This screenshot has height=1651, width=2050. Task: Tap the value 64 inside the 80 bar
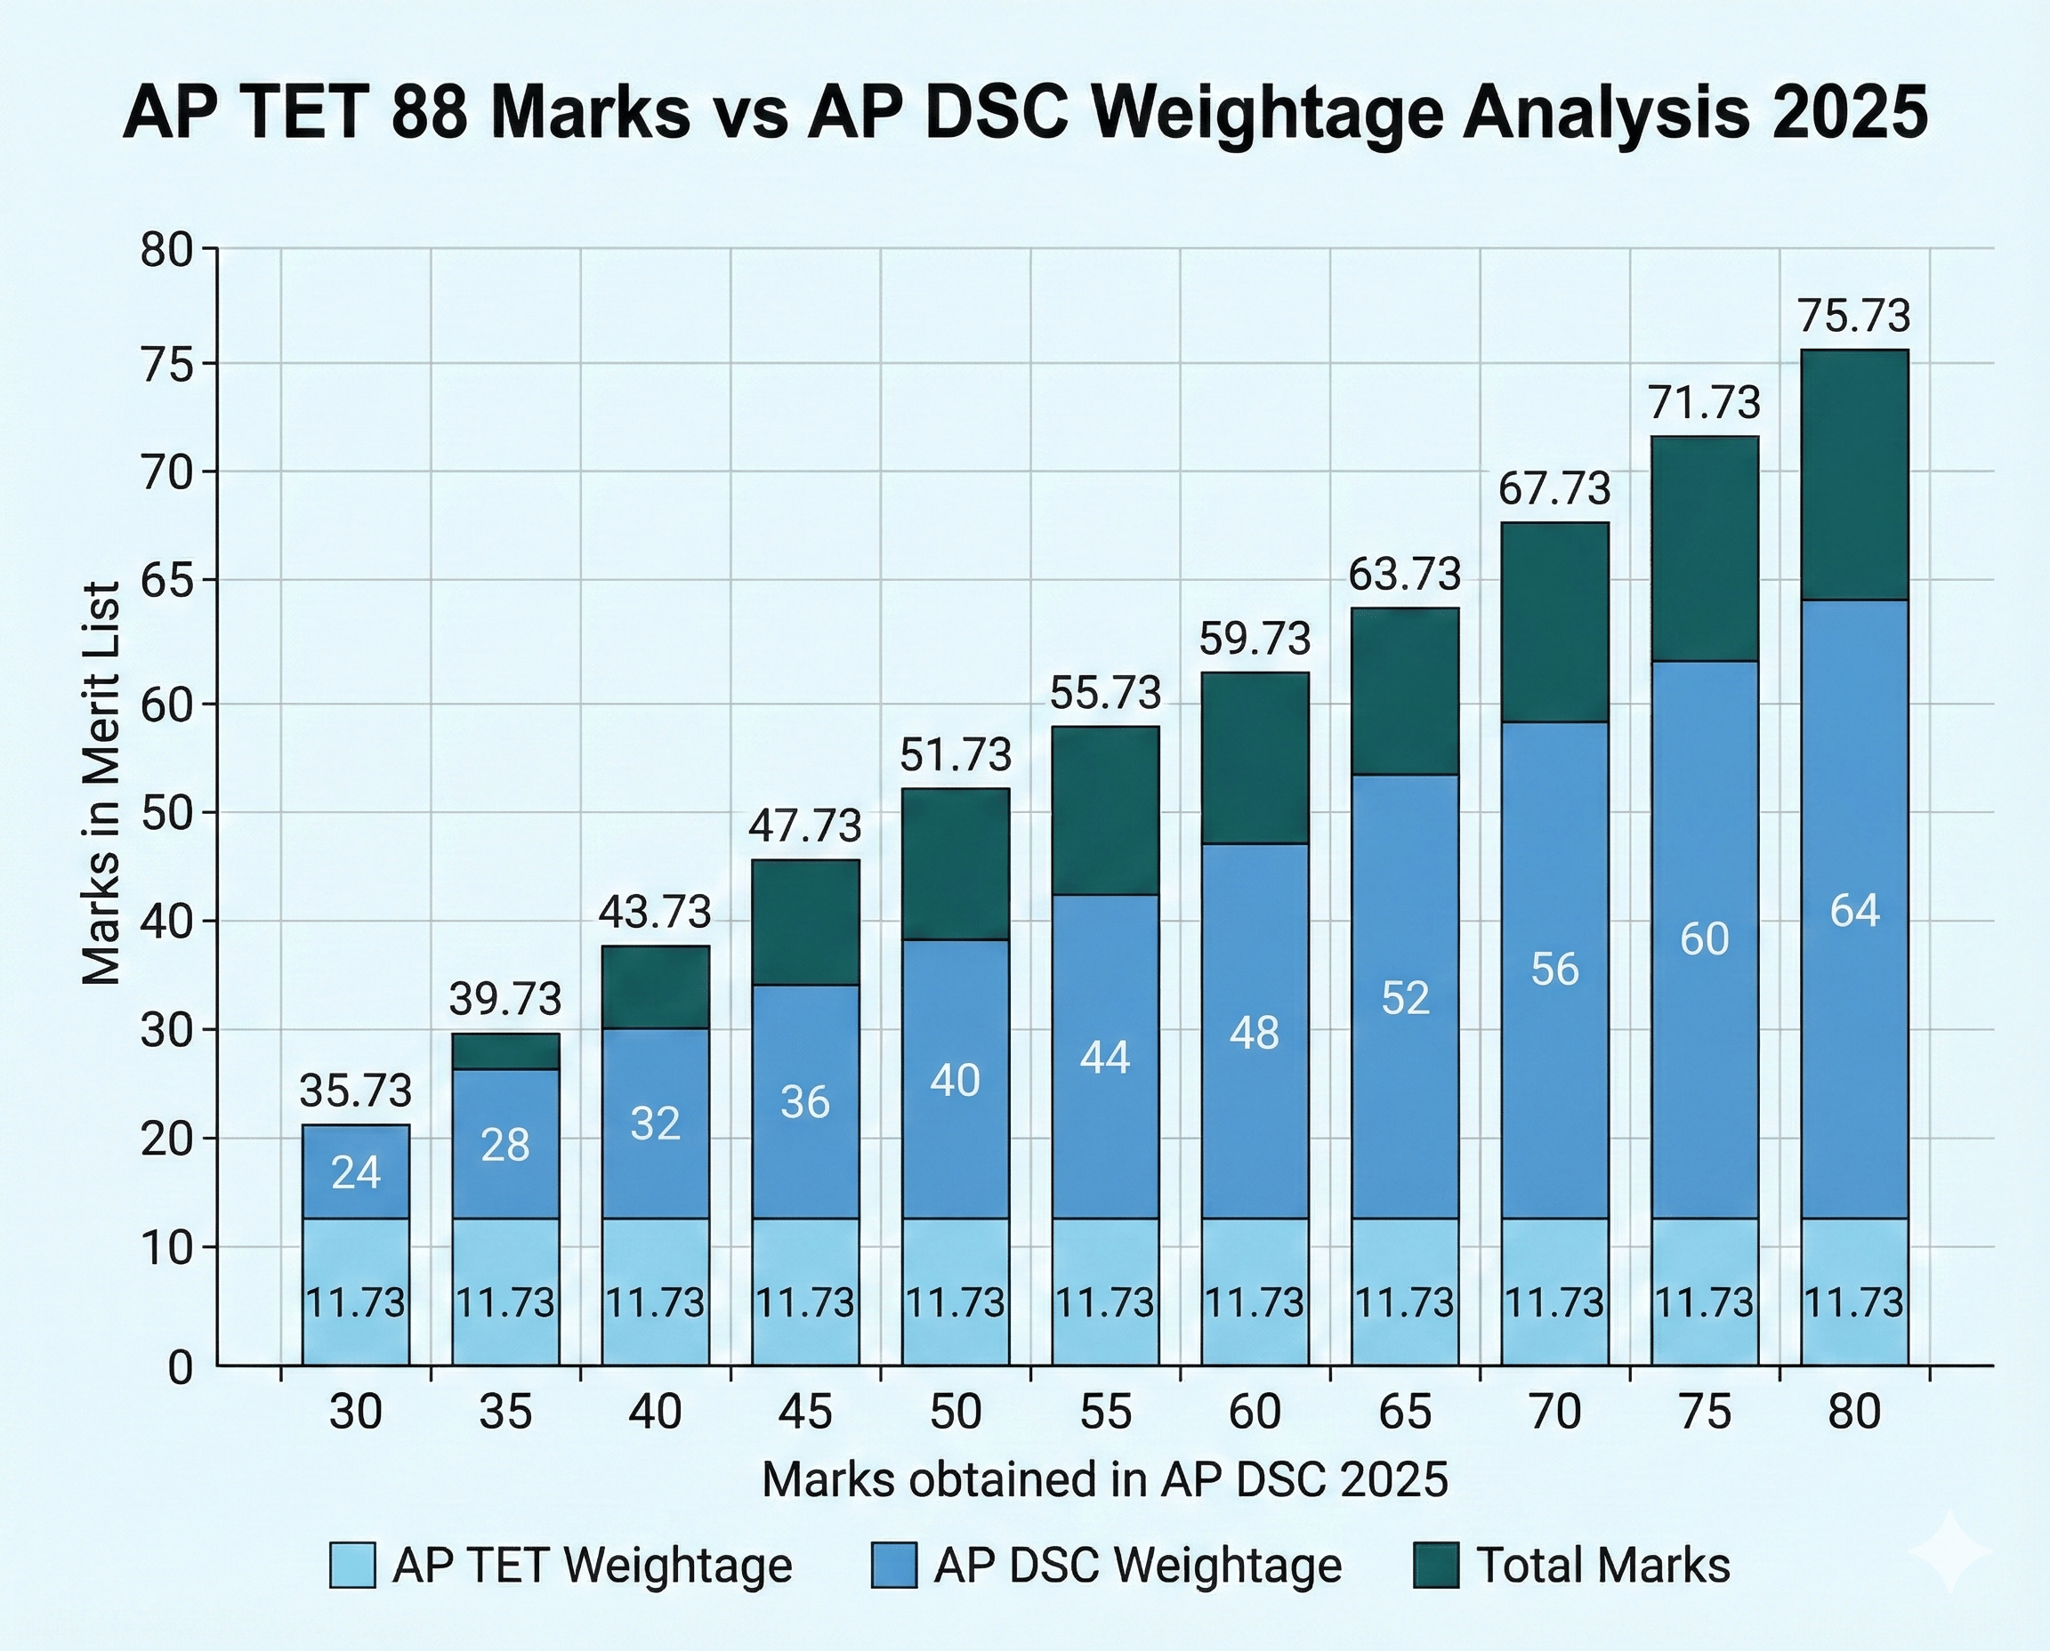click(x=1854, y=910)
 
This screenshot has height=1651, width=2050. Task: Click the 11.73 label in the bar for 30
click(x=356, y=1302)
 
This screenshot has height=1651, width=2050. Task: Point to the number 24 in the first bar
click(x=356, y=1172)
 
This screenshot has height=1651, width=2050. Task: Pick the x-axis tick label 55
click(x=1105, y=1412)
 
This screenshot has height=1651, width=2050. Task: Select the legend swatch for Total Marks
click(x=1435, y=1565)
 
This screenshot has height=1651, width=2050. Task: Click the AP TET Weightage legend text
click(x=592, y=1565)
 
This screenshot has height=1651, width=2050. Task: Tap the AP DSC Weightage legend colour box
click(x=893, y=1565)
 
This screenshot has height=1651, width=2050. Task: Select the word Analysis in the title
click(x=1604, y=113)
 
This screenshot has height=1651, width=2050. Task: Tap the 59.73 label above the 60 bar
click(x=1255, y=639)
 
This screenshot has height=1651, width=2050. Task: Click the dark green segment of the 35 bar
click(x=505, y=1051)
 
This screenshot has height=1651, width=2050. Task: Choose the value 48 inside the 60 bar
click(x=1255, y=1032)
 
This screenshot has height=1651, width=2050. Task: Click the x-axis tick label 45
click(x=804, y=1412)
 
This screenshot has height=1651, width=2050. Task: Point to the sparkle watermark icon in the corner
click(x=1950, y=1550)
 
